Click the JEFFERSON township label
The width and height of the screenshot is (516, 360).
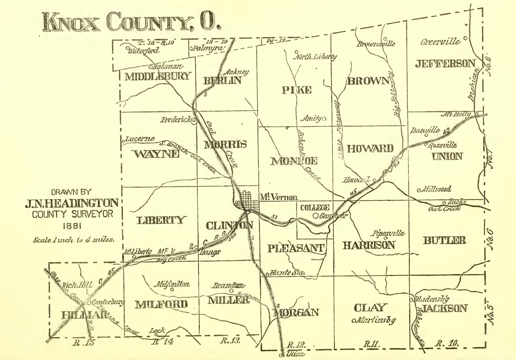(445, 64)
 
